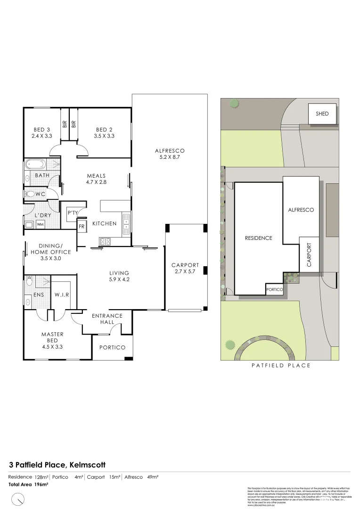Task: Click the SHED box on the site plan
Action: (x=322, y=114)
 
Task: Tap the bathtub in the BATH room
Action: (x=35, y=165)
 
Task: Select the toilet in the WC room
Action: (x=32, y=193)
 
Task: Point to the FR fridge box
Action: (x=82, y=226)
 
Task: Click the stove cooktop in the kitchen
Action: (x=106, y=241)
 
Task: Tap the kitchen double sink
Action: (x=126, y=224)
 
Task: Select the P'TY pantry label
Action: (x=73, y=213)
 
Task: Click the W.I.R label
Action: (x=62, y=296)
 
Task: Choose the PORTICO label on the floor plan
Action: (x=112, y=347)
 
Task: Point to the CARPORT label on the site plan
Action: (x=309, y=255)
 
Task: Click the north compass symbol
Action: (x=18, y=498)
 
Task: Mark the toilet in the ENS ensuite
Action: (x=30, y=282)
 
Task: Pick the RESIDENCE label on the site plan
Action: (x=258, y=238)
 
